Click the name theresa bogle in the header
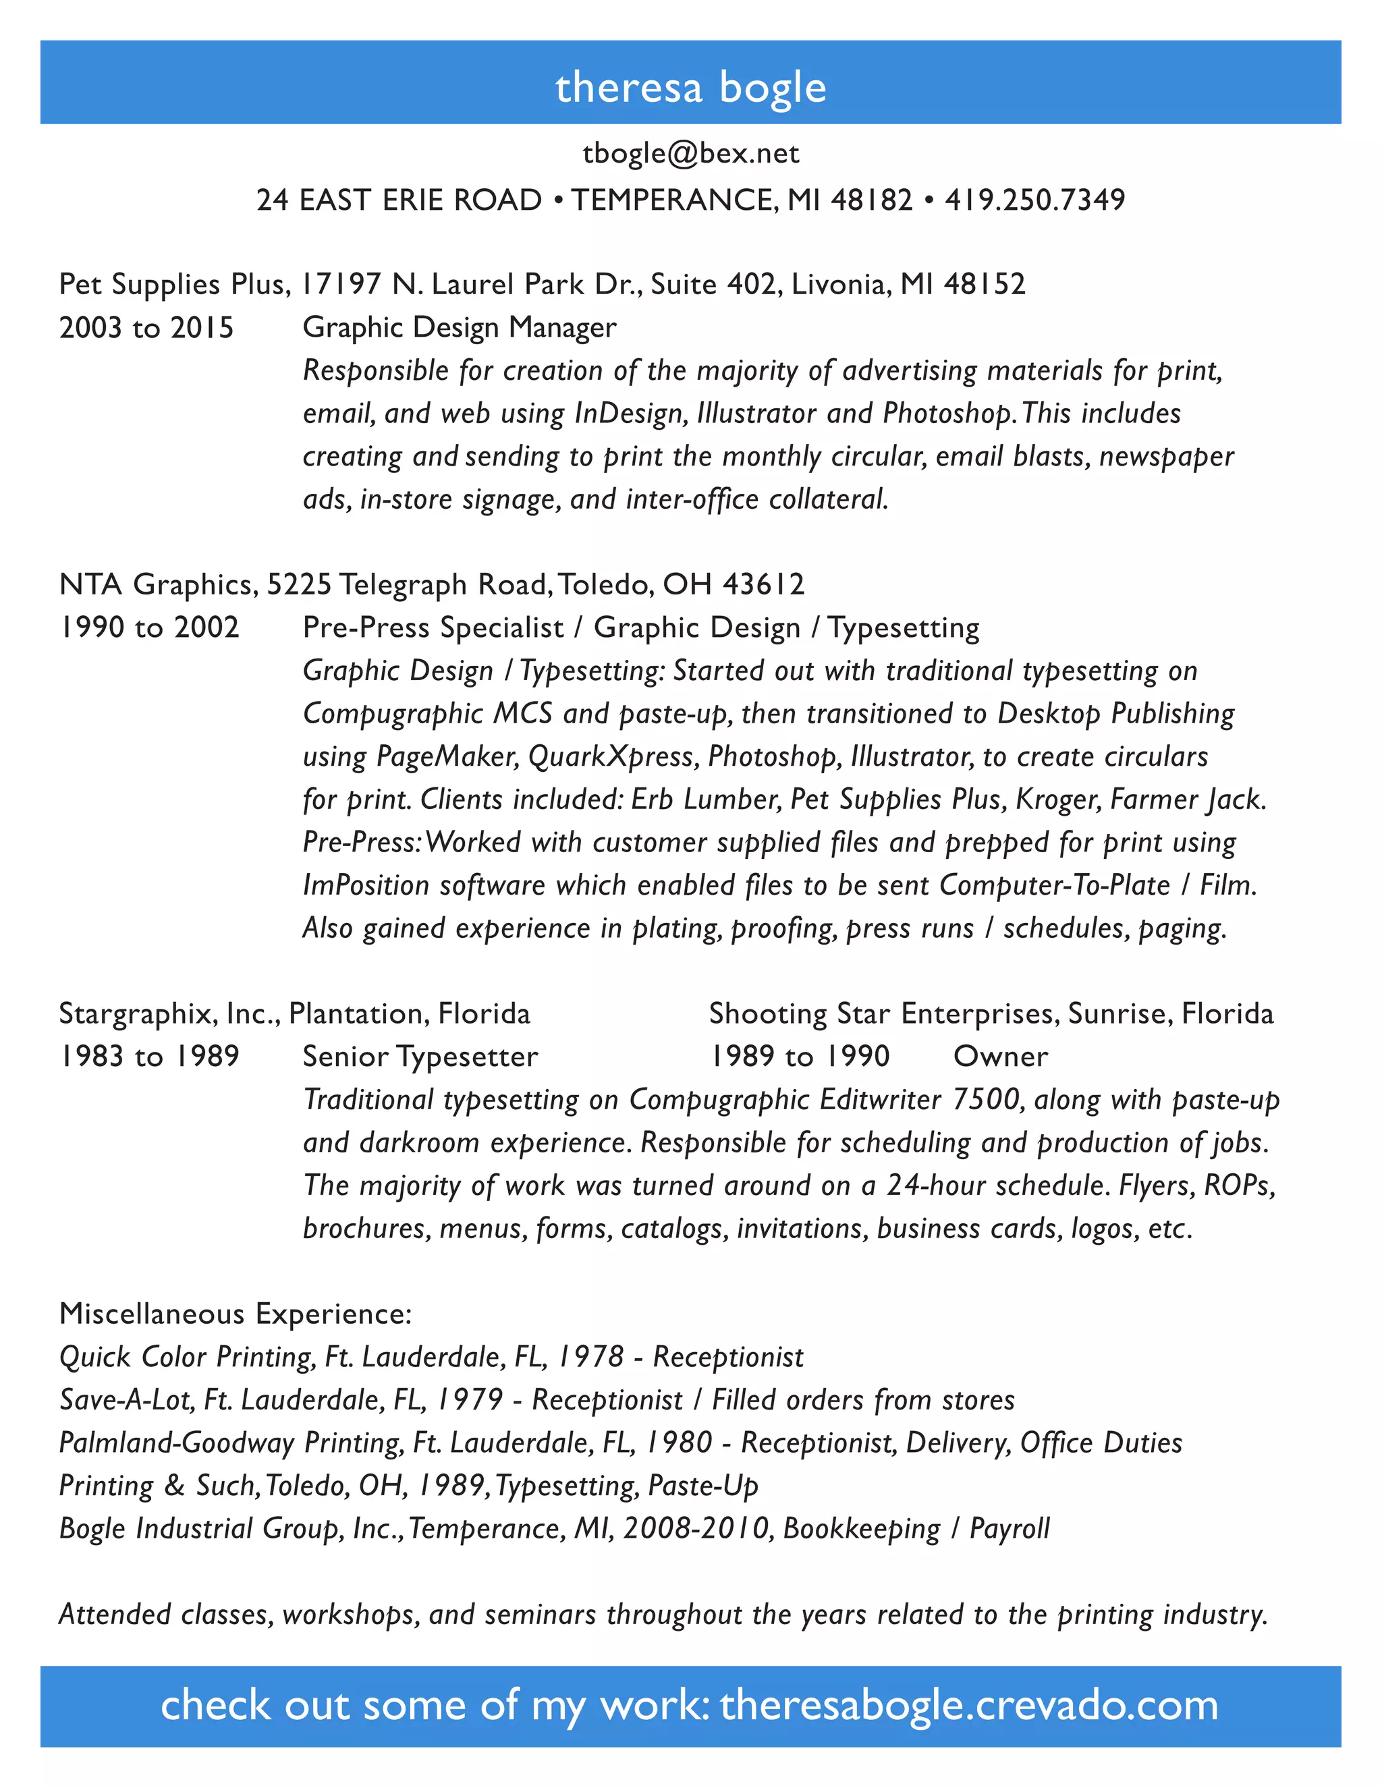690,87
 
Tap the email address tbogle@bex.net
690,154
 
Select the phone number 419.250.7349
1035,200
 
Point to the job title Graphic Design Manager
460,327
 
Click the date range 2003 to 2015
146,327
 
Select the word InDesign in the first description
630,414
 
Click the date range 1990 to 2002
149,628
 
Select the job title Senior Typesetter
420,1057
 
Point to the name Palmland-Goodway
176,1443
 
